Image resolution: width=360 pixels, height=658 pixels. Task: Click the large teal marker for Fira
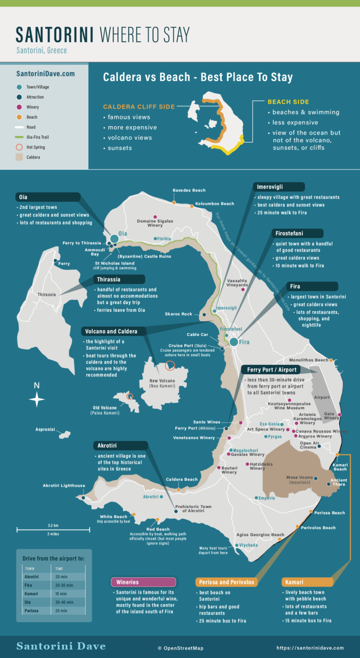click(234, 342)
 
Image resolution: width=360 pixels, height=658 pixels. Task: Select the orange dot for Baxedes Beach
click(174, 202)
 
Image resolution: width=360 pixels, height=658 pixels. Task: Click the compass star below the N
click(37, 400)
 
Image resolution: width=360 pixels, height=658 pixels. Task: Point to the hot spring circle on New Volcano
click(170, 365)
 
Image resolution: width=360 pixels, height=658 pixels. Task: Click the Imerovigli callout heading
click(270, 187)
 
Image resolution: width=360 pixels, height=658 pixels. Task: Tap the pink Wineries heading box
click(143, 582)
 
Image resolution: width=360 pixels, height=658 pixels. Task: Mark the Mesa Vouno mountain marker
click(316, 478)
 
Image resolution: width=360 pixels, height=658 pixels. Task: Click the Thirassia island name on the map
click(47, 295)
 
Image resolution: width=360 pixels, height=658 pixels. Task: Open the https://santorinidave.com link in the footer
click(310, 648)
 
